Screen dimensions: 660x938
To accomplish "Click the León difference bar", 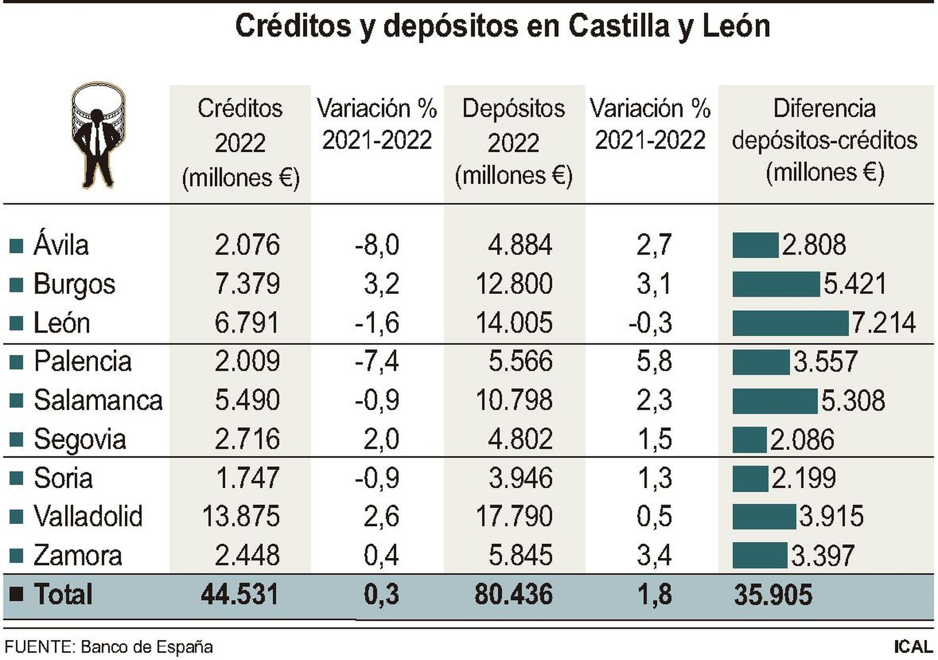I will point(790,323).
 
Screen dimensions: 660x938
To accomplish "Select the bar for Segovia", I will point(749,439).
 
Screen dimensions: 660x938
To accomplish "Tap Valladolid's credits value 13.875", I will point(240,516).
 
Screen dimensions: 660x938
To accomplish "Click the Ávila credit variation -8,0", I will point(376,245).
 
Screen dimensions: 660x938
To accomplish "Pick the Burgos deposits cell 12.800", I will point(514,284).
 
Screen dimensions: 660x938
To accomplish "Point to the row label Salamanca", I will point(98,400).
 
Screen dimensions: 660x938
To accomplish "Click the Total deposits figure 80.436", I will point(513,594).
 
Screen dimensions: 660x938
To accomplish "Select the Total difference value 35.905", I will point(773,594).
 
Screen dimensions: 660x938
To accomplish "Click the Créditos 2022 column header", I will point(240,143).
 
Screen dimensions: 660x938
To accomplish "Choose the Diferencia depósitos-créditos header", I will point(824,140).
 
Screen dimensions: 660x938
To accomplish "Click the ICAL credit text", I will point(913,647).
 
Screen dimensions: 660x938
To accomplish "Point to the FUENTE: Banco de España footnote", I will point(108,647).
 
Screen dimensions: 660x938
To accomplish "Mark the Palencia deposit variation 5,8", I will point(654,361).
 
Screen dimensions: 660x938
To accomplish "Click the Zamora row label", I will point(77,555).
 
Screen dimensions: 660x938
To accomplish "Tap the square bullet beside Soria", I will point(16,478).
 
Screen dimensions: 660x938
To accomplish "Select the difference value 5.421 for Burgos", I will point(854,284).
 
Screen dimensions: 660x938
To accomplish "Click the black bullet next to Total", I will point(16,594).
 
